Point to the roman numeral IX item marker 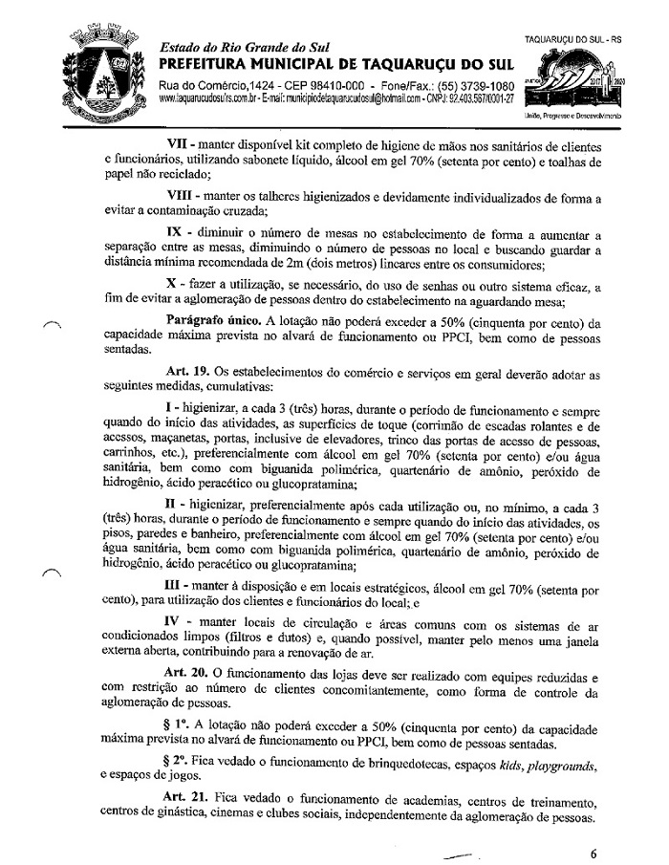pos(177,232)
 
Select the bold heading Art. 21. pos(182,798)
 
